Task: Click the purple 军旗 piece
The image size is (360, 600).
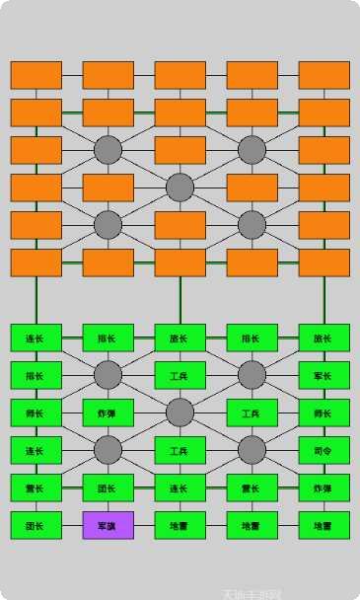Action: tap(108, 525)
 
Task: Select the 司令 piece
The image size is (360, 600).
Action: tap(324, 450)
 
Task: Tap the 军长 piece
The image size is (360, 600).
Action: tap(324, 375)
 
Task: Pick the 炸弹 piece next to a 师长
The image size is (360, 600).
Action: tap(108, 412)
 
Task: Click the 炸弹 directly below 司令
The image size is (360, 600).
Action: tap(324, 487)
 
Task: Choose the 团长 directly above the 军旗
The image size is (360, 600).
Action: tap(108, 487)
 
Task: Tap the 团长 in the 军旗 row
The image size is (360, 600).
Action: tap(36, 525)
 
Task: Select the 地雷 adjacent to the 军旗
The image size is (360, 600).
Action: tap(180, 525)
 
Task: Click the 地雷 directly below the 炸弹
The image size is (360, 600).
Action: tap(324, 525)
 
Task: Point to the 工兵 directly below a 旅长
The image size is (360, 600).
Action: tap(180, 375)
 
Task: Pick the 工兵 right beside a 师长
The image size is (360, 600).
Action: tap(252, 412)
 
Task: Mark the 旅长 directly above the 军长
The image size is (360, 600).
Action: tap(324, 337)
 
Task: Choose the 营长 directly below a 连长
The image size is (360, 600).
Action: tap(36, 487)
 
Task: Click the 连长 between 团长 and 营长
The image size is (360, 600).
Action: tap(180, 487)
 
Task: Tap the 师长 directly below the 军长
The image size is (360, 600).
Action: tap(324, 412)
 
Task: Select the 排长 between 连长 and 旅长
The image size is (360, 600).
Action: tap(108, 337)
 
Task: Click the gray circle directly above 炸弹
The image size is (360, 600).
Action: tap(108, 375)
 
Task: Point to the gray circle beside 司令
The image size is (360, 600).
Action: tap(252, 450)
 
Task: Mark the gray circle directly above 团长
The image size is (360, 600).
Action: tap(108, 450)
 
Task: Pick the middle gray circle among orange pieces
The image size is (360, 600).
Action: tap(180, 187)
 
